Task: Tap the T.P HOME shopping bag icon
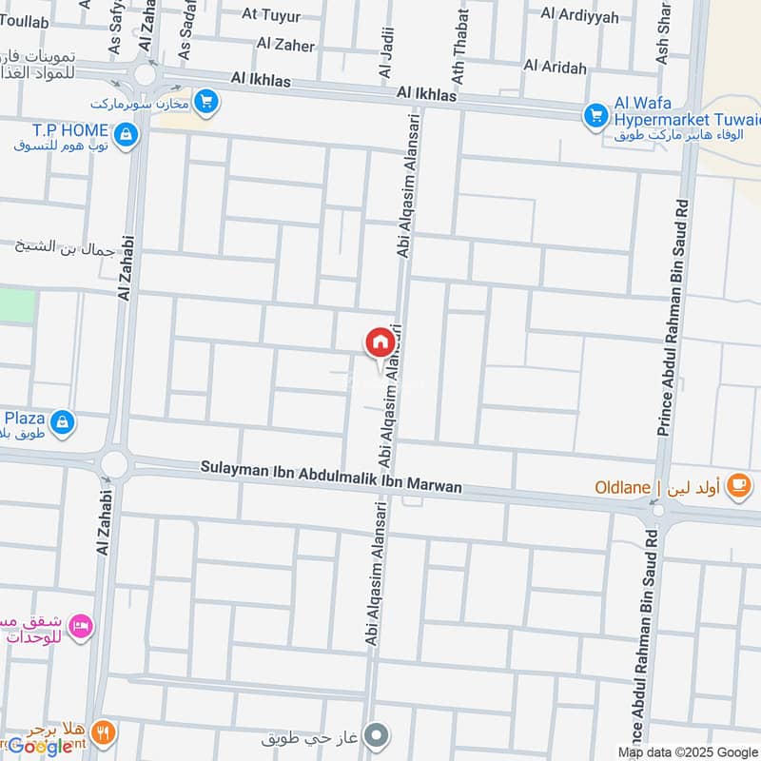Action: (126, 136)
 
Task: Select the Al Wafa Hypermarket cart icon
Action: (595, 115)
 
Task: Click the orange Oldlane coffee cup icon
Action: (736, 486)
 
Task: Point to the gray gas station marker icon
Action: (378, 734)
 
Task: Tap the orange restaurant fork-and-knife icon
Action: (106, 732)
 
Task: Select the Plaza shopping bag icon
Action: (62, 421)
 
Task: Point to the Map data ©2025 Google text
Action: (687, 751)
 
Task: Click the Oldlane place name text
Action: (623, 487)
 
